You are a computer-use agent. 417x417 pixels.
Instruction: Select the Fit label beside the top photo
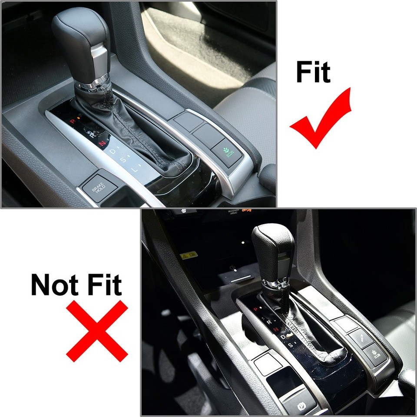313,72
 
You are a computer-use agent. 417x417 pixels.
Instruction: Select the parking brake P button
300,405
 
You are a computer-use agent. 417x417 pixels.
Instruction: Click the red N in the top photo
103,142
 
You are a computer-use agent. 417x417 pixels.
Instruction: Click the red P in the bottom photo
255,309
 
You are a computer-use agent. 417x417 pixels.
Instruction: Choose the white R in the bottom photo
269,322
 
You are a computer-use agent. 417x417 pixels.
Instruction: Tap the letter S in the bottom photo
290,344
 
